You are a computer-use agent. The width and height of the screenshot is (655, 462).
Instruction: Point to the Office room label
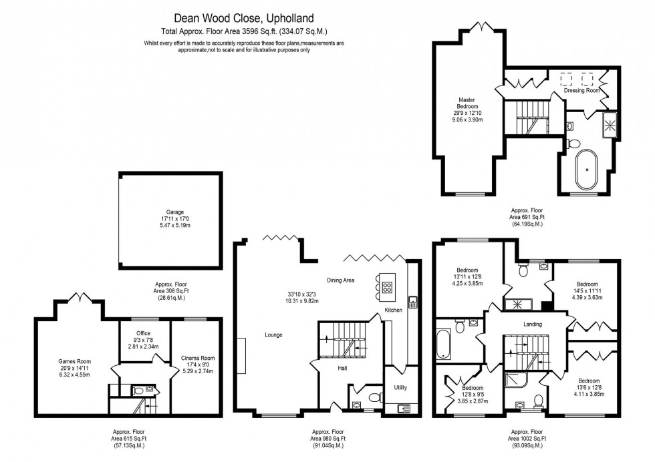pyautogui.click(x=143, y=333)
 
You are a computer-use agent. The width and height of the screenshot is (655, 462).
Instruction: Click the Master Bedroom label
pyautogui.click(x=467, y=103)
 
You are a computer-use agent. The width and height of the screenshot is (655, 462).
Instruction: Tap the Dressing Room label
pyautogui.click(x=582, y=90)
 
